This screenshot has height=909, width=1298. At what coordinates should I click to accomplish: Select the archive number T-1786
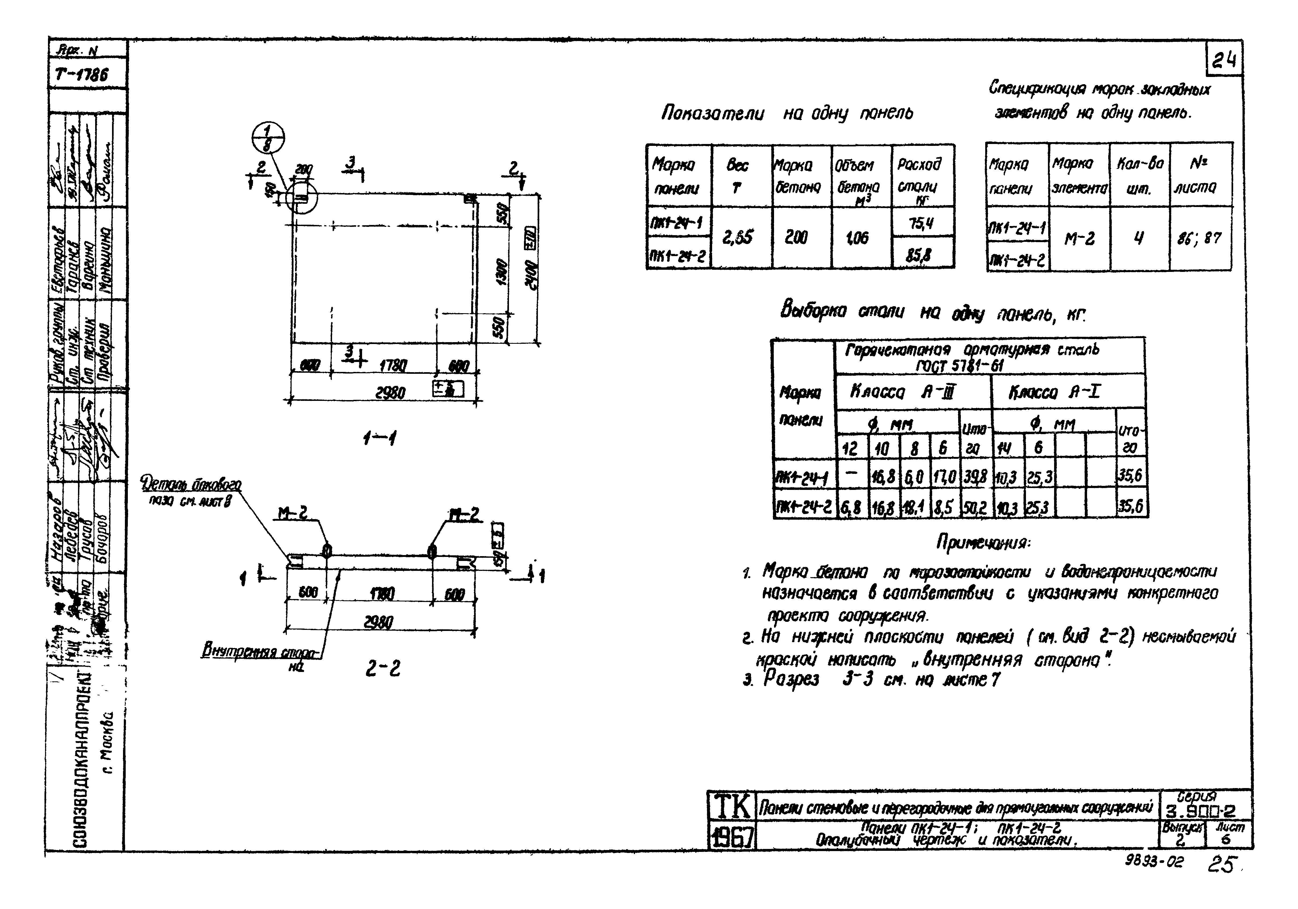pos(82,74)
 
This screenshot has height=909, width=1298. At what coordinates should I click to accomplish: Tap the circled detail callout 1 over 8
pos(268,138)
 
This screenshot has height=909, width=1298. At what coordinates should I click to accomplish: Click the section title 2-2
pos(382,669)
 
